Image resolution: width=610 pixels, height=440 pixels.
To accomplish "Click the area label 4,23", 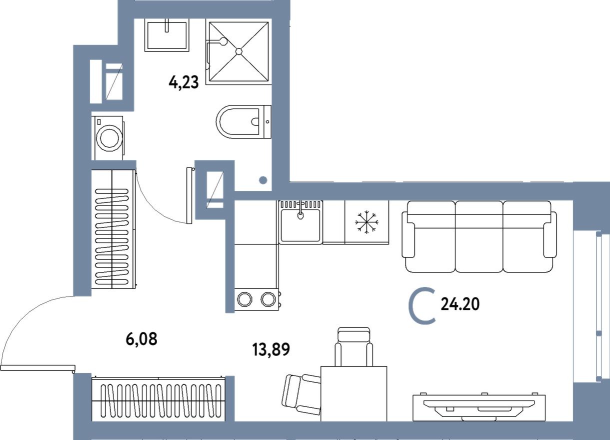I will pyautogui.click(x=184, y=81).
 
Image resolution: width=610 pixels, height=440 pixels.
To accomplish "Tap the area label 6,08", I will pyautogui.click(x=141, y=339).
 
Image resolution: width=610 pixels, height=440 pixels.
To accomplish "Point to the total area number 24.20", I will pyautogui.click(x=460, y=304).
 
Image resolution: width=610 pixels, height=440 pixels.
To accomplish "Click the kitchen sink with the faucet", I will pyautogui.click(x=300, y=224).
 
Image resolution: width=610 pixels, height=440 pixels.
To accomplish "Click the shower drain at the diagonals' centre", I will pyautogui.click(x=239, y=51).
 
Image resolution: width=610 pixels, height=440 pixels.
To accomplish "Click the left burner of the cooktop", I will pyautogui.click(x=244, y=299).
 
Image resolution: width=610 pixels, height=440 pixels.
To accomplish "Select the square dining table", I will pyautogui.click(x=353, y=393).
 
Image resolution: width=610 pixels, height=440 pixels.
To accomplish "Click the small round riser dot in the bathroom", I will pyautogui.click(x=263, y=180).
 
